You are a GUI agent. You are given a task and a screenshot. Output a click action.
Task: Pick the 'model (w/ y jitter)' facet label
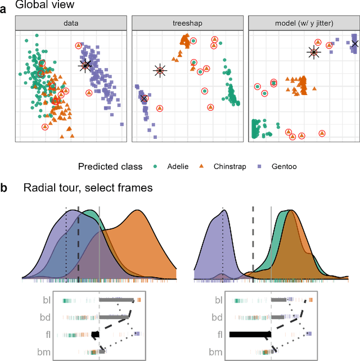[x=303, y=23]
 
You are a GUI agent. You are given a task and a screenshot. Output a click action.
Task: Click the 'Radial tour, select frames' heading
[x=88, y=188]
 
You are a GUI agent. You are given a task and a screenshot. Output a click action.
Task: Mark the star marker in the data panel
[x=85, y=65]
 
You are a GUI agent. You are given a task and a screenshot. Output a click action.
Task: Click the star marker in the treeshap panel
[x=160, y=71]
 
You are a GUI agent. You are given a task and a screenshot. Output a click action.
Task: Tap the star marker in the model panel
[x=313, y=52]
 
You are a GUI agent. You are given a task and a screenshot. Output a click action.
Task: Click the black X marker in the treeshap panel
[x=144, y=98]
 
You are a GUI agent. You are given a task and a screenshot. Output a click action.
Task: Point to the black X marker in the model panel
[x=355, y=43]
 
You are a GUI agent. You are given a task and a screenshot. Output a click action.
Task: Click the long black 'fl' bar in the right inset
[x=250, y=335]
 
